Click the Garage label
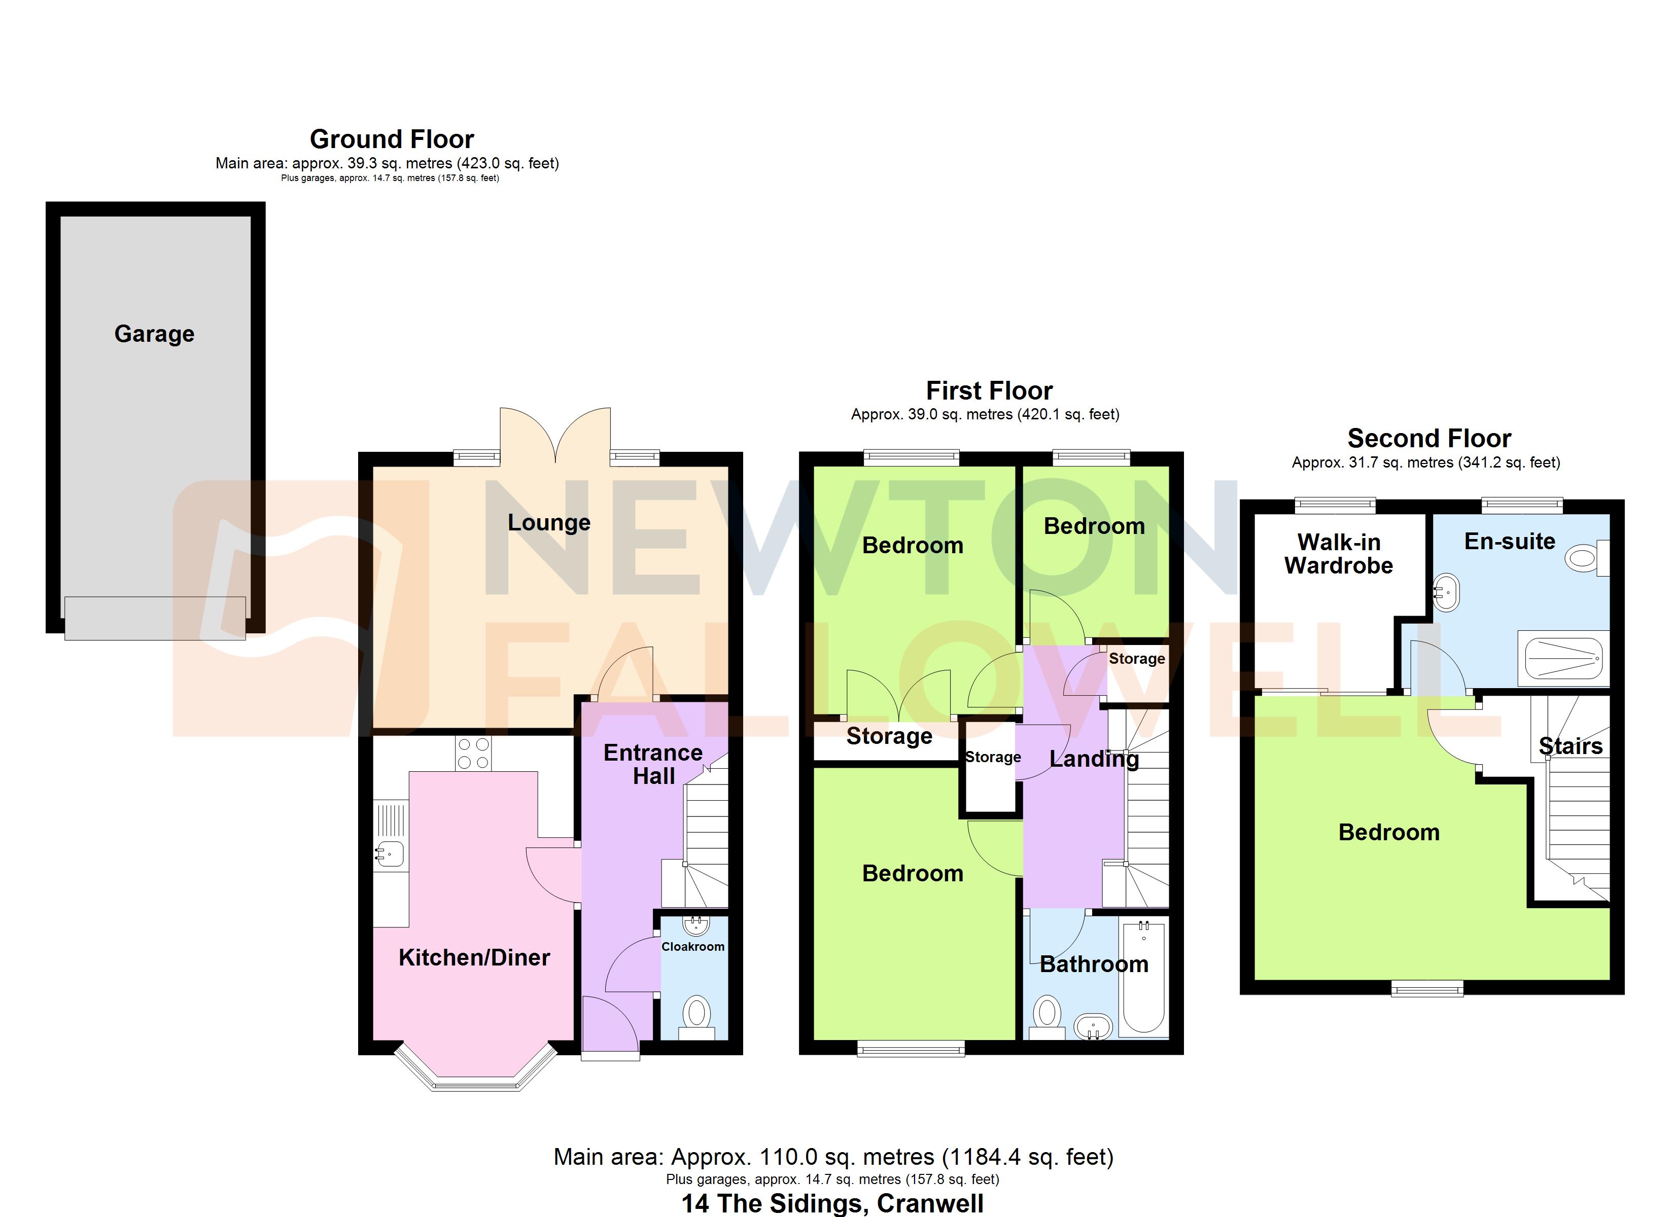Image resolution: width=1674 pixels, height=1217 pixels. pos(154,334)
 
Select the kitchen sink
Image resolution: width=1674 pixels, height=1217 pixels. pos(390,854)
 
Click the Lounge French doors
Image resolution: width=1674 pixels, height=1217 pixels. pos(555,436)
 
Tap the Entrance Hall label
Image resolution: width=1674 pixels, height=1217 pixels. pos(652,764)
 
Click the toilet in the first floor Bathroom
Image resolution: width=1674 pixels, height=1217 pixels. pos(1047,1017)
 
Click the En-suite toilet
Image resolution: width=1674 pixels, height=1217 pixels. pos(1587,557)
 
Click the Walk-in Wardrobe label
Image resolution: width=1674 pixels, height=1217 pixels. pos(1338,554)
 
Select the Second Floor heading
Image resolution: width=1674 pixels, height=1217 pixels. pos(1429,439)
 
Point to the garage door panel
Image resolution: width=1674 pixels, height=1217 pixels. pos(155,618)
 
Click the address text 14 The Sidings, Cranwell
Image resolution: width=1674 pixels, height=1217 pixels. pos(832,1203)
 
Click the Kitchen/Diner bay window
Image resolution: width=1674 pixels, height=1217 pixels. pos(475,1084)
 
